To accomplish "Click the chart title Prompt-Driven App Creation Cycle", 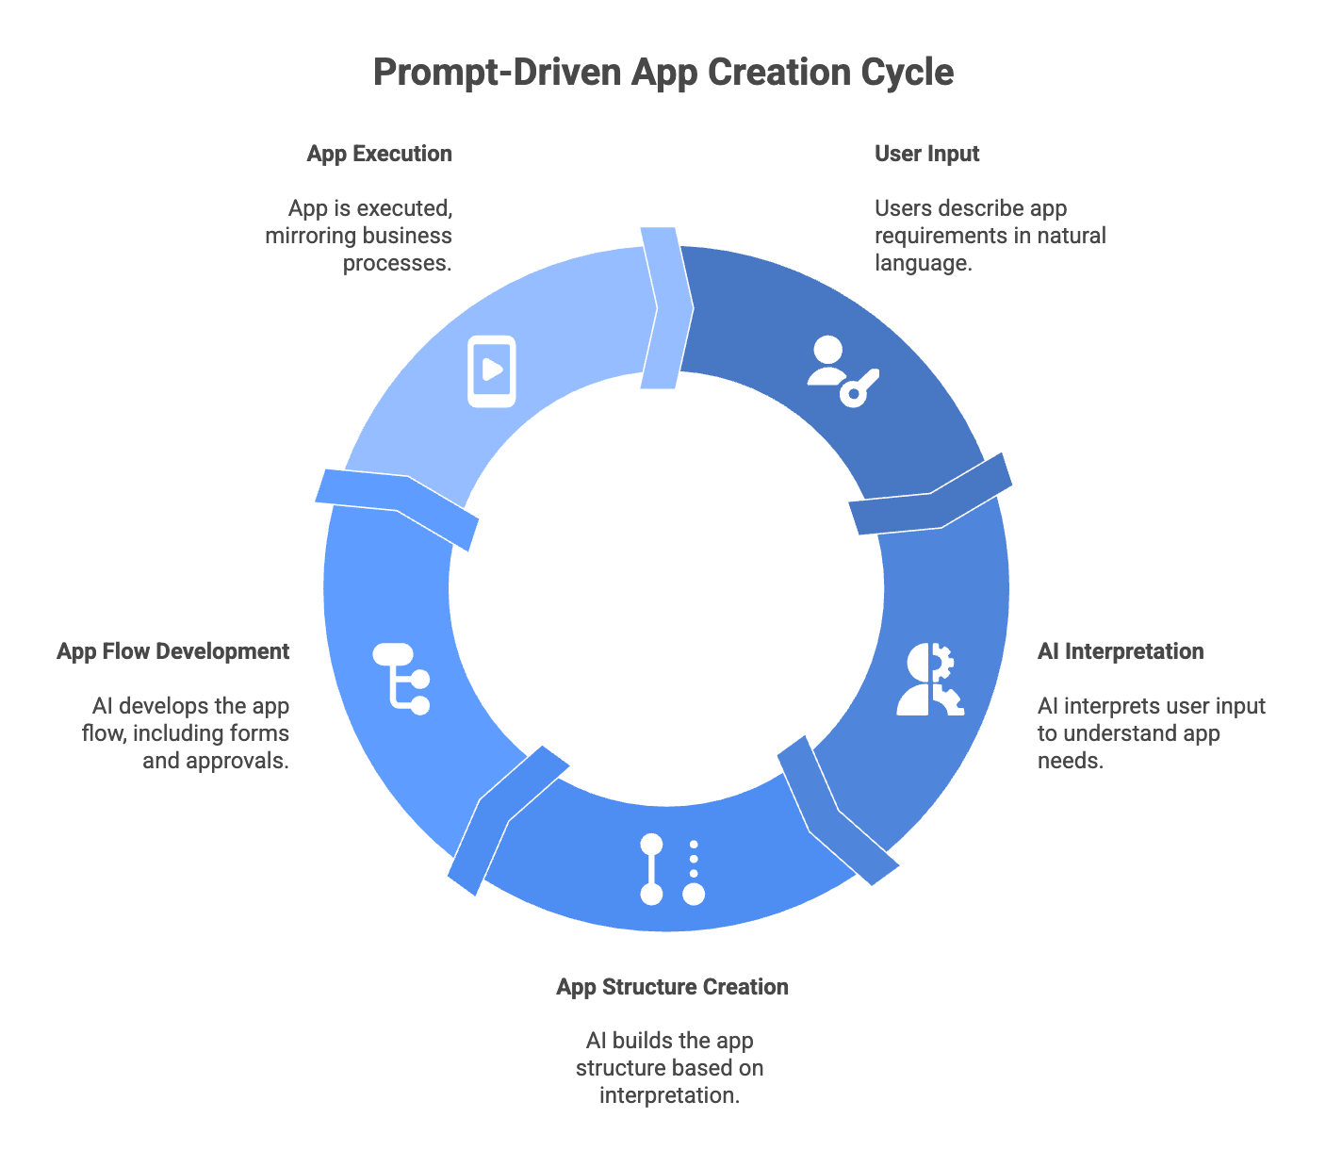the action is [x=663, y=73].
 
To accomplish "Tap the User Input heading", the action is [x=926, y=154].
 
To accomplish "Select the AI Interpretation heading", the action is [x=1120, y=651].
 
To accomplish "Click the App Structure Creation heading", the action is [x=672, y=987].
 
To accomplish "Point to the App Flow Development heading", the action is [x=172, y=651].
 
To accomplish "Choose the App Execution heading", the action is [x=379, y=154].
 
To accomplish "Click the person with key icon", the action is [x=842, y=371].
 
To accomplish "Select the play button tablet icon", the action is [x=492, y=370].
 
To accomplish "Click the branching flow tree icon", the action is [x=402, y=678].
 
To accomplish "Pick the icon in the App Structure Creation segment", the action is [x=672, y=869].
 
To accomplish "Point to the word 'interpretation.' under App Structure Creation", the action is [x=669, y=1095].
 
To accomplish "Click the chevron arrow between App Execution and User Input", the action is [x=666, y=307].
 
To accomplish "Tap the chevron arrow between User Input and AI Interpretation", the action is [x=931, y=494].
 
